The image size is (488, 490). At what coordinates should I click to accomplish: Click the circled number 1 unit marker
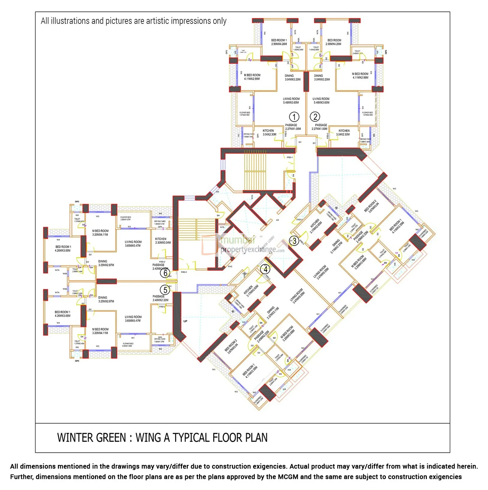click(x=294, y=117)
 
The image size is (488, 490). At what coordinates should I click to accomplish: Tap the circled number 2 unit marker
click(x=315, y=116)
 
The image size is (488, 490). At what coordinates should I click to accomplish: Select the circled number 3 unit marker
click(x=294, y=241)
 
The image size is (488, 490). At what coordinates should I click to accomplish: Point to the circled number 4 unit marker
click(x=265, y=269)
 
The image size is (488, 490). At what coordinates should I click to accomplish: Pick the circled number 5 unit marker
click(x=165, y=290)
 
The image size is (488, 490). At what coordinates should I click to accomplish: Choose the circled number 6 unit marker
click(x=165, y=273)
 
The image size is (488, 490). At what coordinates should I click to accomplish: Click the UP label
click(x=185, y=321)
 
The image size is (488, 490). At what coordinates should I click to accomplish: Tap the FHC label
click(x=230, y=266)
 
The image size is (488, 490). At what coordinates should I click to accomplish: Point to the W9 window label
click(x=217, y=192)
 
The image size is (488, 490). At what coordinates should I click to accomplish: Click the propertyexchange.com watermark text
click(x=252, y=250)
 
